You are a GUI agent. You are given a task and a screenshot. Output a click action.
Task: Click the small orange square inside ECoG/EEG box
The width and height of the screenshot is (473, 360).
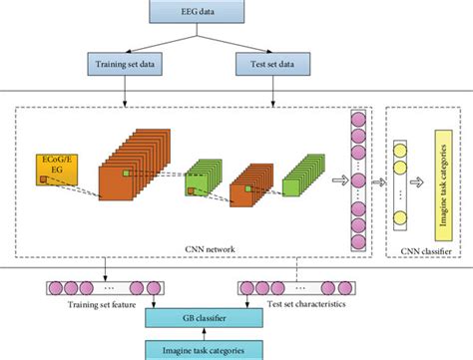point(42,179)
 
